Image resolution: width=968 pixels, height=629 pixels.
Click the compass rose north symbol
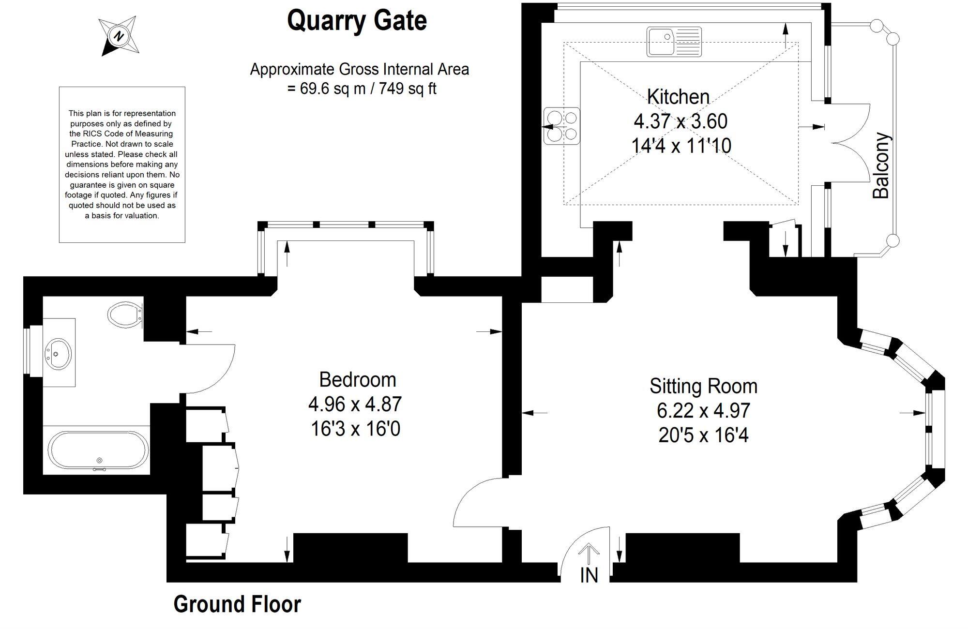pyautogui.click(x=119, y=36)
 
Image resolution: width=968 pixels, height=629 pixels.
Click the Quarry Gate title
pyautogui.click(x=357, y=21)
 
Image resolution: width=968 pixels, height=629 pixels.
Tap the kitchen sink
pyautogui.click(x=674, y=41)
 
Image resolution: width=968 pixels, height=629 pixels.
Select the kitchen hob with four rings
pyautogui.click(x=561, y=126)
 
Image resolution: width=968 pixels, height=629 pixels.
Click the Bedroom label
pyautogui.click(x=358, y=380)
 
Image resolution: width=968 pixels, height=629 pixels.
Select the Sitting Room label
pyautogui.click(x=703, y=386)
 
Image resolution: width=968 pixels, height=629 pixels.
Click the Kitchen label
pyautogui.click(x=678, y=97)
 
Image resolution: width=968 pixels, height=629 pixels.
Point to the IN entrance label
pyautogui.click(x=589, y=575)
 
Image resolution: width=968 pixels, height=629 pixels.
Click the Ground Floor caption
pyautogui.click(x=237, y=604)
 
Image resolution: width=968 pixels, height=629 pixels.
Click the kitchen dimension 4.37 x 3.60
pyautogui.click(x=681, y=121)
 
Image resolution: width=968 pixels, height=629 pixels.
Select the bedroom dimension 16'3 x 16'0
pyautogui.click(x=356, y=429)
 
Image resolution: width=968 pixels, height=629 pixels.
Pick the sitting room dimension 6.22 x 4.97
pyautogui.click(x=703, y=411)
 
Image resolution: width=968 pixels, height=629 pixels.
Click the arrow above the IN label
pyautogui.click(x=589, y=554)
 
